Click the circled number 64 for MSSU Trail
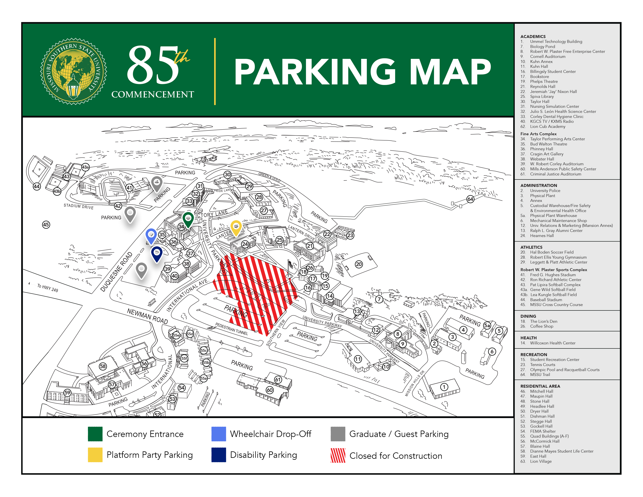(x=470, y=199)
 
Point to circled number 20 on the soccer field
(x=359, y=264)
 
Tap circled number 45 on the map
(x=46, y=225)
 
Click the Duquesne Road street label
(x=117, y=271)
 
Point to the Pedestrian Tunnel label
(x=231, y=329)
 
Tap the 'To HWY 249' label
(x=47, y=288)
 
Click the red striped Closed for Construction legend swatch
(x=338, y=455)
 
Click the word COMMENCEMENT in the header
(x=153, y=95)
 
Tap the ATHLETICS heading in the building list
(x=531, y=247)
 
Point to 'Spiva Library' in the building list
(x=542, y=96)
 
